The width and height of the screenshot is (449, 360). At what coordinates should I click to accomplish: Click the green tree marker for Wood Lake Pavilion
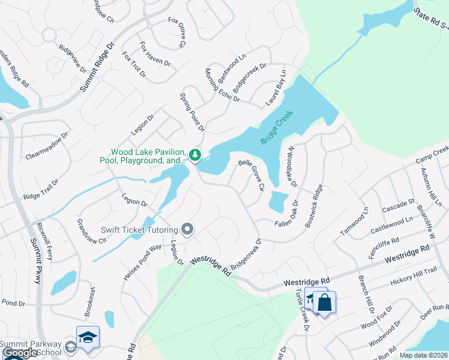[194, 155]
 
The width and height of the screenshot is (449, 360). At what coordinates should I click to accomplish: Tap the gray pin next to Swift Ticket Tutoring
[188, 229]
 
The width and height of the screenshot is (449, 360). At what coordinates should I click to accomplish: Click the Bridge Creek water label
[277, 127]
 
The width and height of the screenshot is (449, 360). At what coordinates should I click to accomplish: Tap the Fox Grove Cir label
[177, 32]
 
